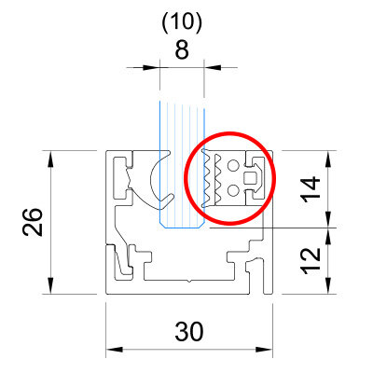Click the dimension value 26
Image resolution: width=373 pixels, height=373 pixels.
[x=33, y=222]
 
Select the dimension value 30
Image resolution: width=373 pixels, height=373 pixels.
[x=189, y=332]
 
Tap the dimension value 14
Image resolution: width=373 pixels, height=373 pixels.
[x=311, y=189]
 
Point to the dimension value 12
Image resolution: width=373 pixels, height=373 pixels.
[x=311, y=261]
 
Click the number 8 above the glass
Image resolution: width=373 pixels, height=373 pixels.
[x=182, y=49]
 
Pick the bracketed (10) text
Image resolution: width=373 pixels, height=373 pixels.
[x=182, y=23]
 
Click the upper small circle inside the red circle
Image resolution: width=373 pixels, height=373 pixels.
[x=233, y=165]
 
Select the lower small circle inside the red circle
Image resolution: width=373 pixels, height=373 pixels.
[x=233, y=190]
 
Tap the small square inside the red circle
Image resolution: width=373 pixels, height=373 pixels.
[x=249, y=178]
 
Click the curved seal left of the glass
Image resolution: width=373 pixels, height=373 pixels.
[x=152, y=180]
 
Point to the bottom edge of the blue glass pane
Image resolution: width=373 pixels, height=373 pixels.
[x=182, y=228]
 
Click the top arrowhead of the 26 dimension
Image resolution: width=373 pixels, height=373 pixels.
[x=51, y=159]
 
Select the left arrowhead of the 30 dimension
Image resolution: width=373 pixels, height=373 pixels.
[x=115, y=350]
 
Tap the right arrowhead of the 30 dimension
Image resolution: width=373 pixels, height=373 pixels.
[x=264, y=350]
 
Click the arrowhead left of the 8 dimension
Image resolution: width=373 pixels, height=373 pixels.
[x=151, y=67]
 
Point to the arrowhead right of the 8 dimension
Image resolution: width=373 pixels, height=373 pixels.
[x=213, y=67]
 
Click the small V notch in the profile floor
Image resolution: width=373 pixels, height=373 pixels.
[x=189, y=282]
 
